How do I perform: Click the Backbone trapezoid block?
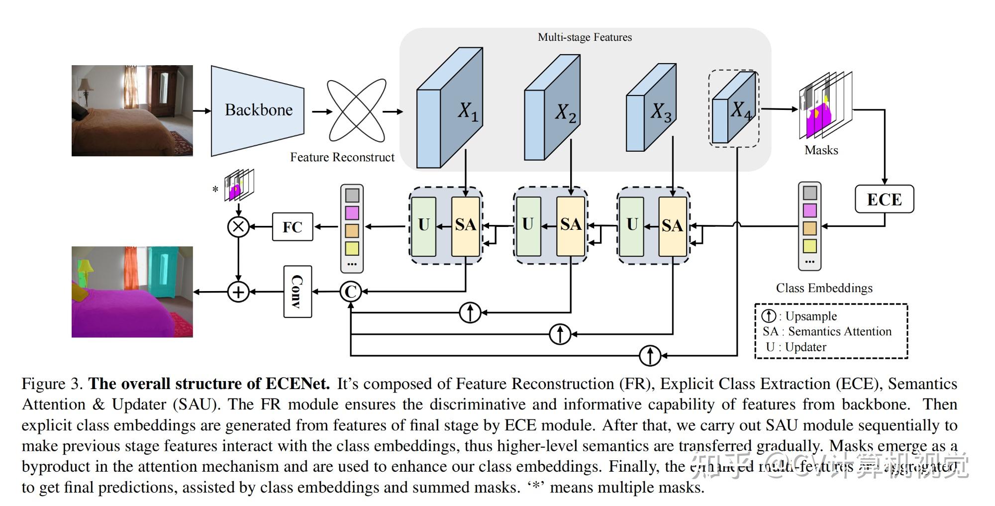pos(258,110)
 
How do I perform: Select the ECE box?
pos(884,200)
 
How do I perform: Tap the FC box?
pos(293,227)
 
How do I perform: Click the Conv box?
pos(298,292)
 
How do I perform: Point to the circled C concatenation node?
pos(351,292)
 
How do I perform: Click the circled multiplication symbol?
pos(238,227)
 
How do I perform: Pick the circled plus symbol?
pos(238,292)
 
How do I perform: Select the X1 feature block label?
pos(468,111)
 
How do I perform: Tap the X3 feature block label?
pos(661,112)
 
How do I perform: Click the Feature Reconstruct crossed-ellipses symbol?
pos(356,110)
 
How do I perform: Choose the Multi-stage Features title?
pos(585,37)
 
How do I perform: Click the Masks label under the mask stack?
pos(821,150)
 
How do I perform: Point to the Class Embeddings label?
pos(824,288)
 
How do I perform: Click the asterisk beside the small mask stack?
pos(215,190)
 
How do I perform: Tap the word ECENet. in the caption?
pos(298,384)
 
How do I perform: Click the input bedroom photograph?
pos(132,110)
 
